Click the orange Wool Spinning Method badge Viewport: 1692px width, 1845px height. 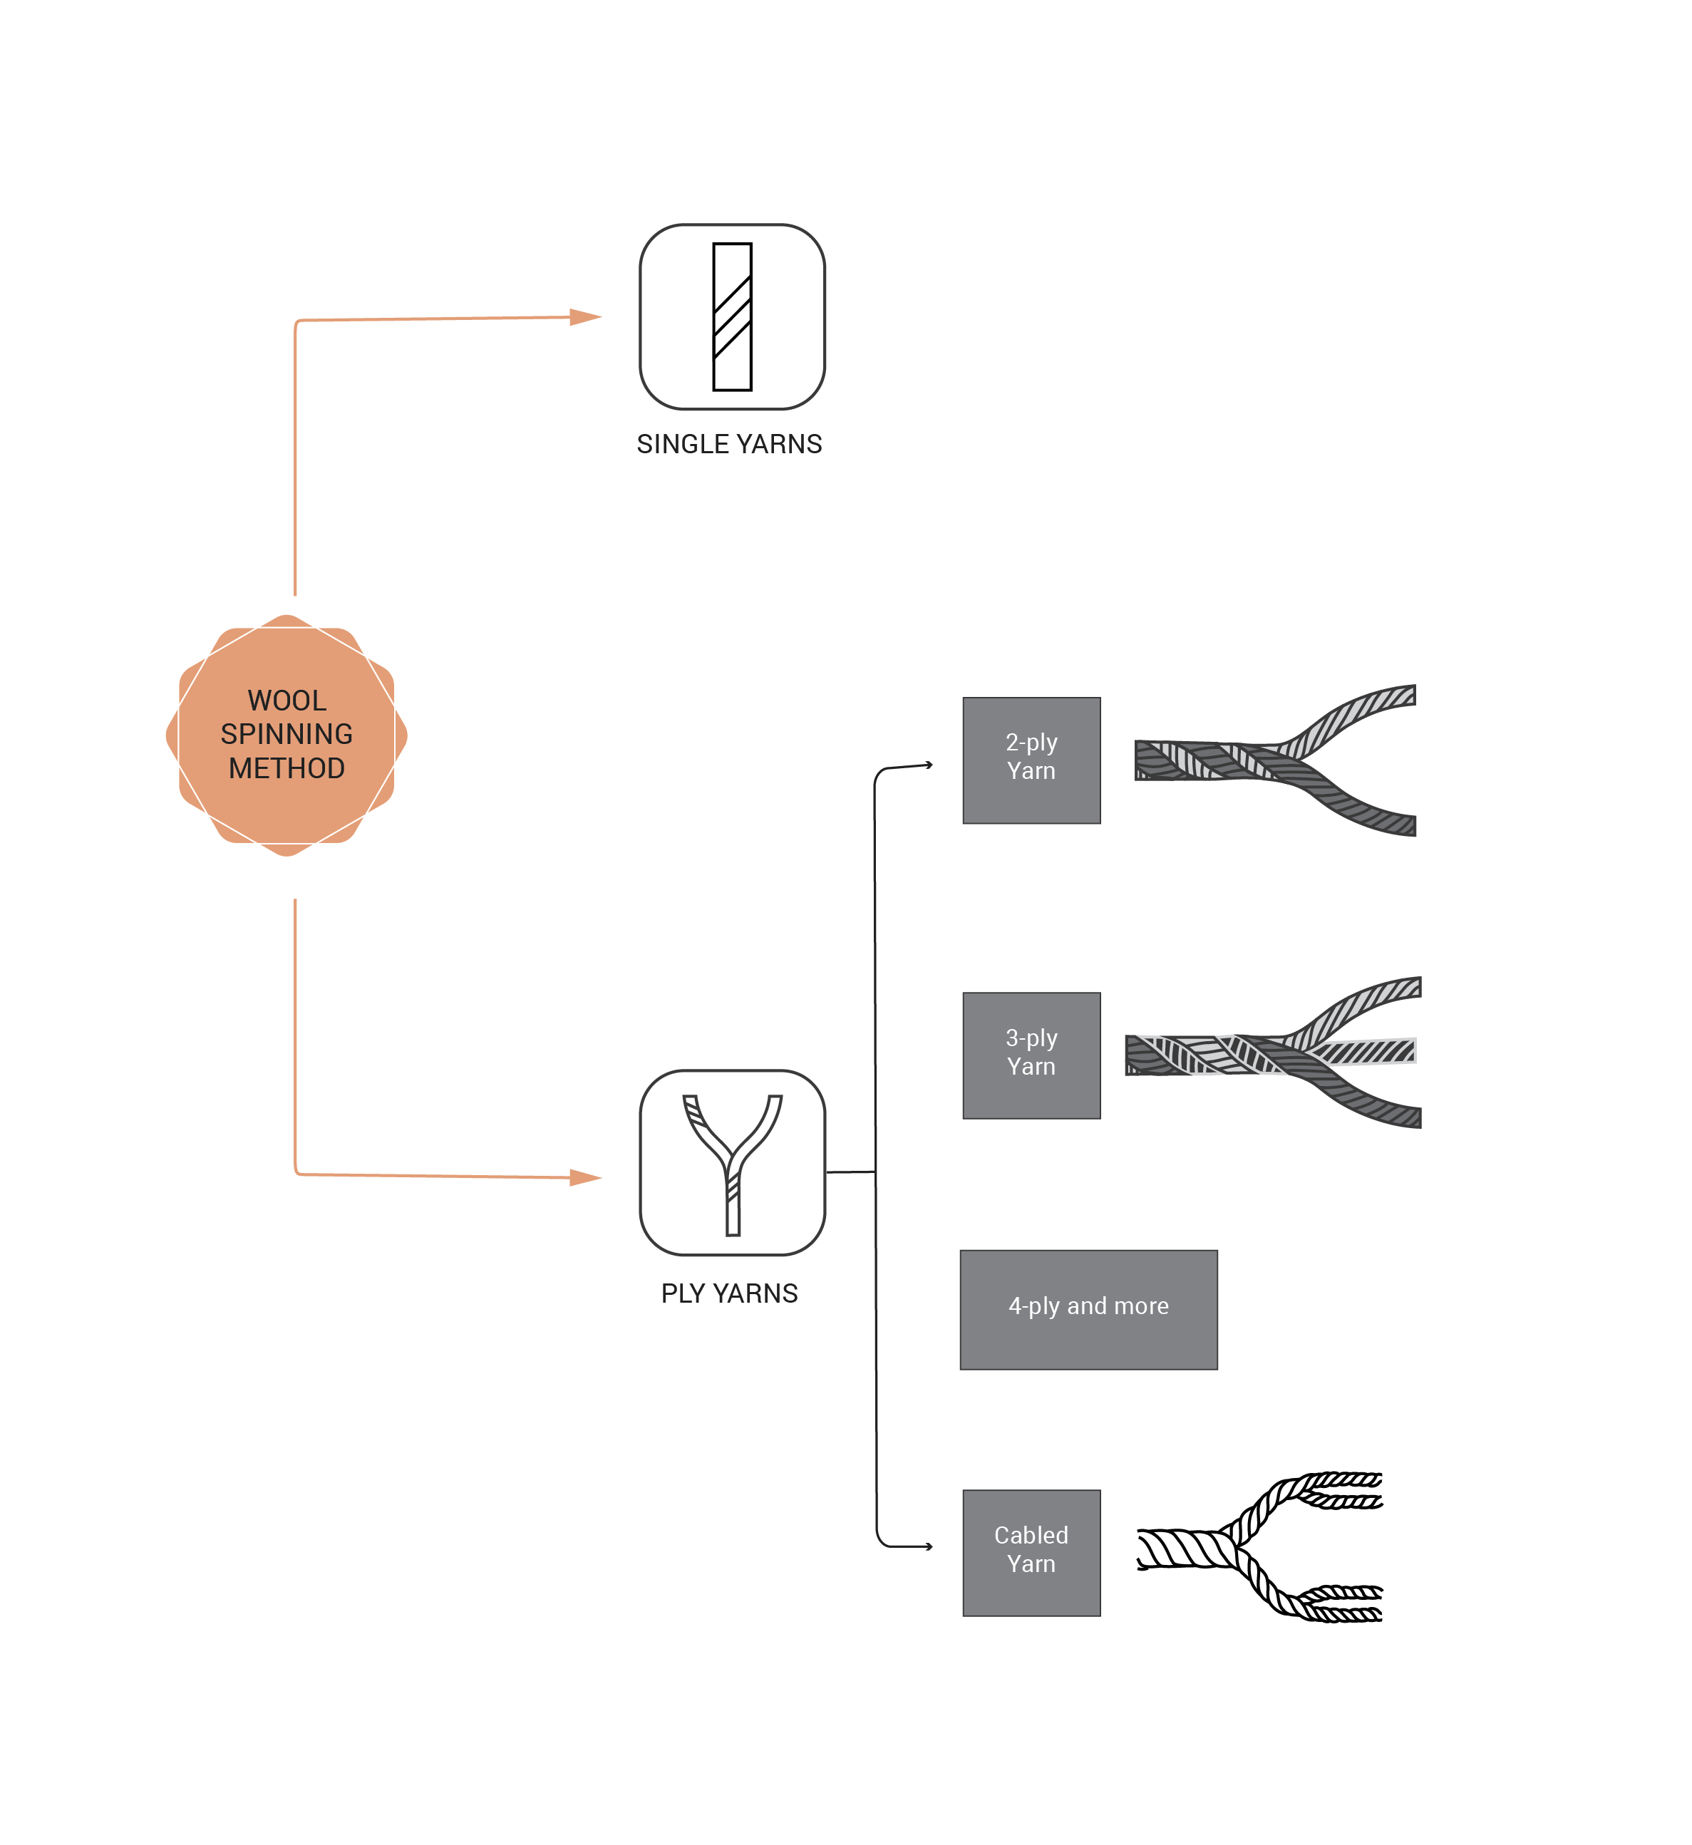(287, 735)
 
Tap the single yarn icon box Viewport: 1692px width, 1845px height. (733, 317)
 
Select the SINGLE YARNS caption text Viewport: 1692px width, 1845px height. (730, 444)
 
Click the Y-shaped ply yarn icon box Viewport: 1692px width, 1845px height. (733, 1163)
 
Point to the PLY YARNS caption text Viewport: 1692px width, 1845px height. (730, 1294)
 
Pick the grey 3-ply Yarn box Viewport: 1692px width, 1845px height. (1032, 1055)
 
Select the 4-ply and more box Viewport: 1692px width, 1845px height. (1088, 1311)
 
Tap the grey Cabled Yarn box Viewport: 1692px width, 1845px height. (1032, 1554)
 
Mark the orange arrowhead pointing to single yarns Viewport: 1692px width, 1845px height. (585, 317)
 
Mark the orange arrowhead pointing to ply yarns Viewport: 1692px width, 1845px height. (585, 1177)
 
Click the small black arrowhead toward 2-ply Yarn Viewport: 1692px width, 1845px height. (929, 765)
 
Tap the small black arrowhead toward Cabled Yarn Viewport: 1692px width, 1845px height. (929, 1546)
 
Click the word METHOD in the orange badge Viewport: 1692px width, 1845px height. (287, 768)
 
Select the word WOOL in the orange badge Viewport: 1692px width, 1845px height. (287, 701)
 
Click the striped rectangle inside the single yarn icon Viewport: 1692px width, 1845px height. (733, 317)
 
